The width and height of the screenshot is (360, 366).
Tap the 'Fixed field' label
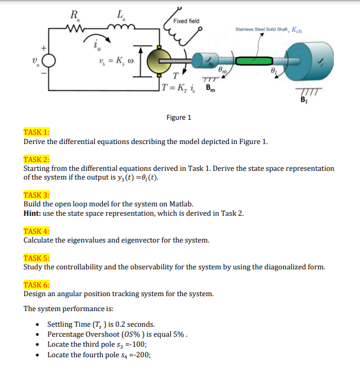point(186,21)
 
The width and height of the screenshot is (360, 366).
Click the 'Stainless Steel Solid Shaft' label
point(267,29)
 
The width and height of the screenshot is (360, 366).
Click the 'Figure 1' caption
point(179,117)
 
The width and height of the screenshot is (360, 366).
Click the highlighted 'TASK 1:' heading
point(36,132)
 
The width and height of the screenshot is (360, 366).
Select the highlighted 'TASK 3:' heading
point(36,195)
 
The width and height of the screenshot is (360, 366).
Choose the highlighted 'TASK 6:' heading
point(36,284)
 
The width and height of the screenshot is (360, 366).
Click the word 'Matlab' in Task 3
point(182,204)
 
